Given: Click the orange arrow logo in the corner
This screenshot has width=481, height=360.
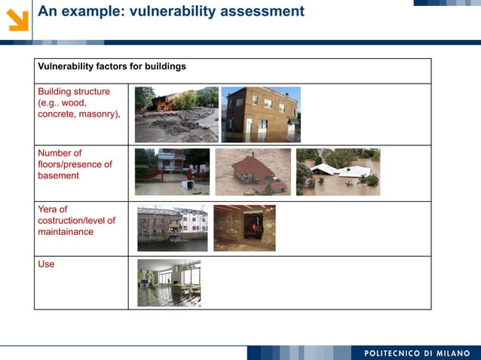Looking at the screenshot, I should pos(17,19).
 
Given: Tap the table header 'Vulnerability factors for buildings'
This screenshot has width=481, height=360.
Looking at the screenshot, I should pos(112,66).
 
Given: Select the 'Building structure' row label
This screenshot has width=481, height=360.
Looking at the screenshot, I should pos(74,92).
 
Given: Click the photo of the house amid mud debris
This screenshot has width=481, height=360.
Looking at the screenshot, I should pos(176,114).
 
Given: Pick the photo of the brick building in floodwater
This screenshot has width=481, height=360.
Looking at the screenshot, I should pos(261,114).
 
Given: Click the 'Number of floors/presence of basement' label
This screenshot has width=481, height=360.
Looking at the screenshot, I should pos(75,164).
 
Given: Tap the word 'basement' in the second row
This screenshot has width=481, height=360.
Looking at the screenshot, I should pos(58,176).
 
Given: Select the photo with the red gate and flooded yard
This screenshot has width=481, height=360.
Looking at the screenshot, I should pos(172,172).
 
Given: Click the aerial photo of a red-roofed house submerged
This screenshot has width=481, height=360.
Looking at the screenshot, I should pos(253,172).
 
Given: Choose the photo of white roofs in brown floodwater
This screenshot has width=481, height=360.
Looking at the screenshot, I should pos(338,172).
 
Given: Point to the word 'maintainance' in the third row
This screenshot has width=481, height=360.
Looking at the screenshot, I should pos(66,232).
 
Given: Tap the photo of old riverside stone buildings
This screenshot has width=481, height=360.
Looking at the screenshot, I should pos(172,228).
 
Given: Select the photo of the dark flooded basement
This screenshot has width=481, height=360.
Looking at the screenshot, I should pos(244,228).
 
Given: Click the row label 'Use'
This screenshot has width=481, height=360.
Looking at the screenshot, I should pos(46,264).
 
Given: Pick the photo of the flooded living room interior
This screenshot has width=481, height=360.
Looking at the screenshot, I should pos(169,283).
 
